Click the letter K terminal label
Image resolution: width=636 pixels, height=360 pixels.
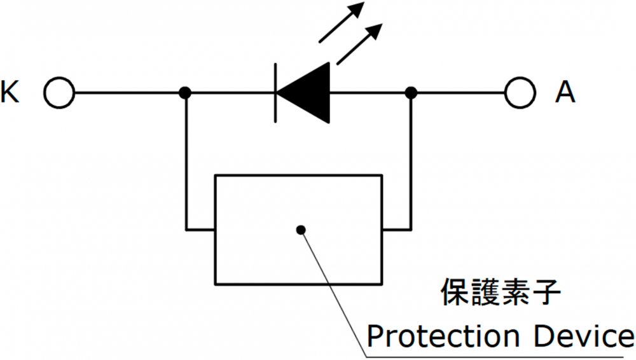(x=11, y=93)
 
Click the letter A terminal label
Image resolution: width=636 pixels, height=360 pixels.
(x=565, y=93)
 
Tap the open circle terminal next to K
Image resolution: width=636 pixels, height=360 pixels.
(x=59, y=93)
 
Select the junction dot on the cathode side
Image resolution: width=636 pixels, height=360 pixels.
(x=185, y=93)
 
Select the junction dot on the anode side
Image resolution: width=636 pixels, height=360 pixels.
(x=411, y=93)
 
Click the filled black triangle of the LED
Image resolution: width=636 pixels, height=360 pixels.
(x=309, y=93)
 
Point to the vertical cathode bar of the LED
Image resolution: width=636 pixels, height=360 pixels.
(x=275, y=93)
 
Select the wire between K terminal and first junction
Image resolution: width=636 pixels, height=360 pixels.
(x=127, y=93)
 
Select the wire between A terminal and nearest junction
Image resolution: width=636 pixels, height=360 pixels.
(x=458, y=93)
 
